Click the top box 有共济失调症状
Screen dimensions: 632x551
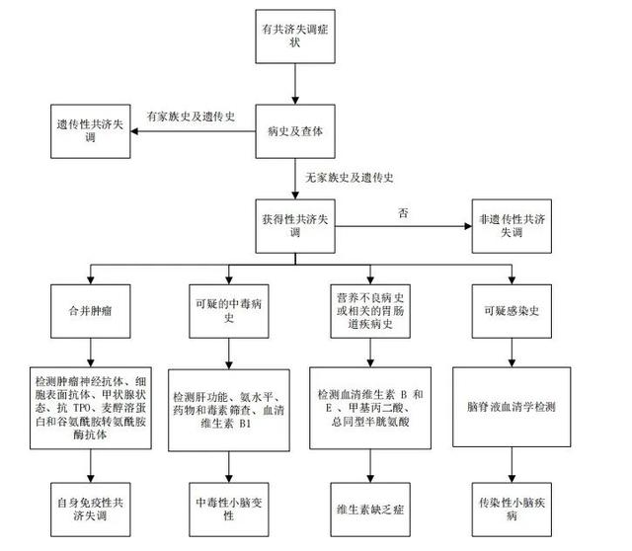click(x=295, y=37)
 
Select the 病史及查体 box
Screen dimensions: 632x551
click(x=295, y=131)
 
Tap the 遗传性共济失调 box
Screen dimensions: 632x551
click(x=90, y=131)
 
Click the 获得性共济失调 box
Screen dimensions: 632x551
click(x=295, y=226)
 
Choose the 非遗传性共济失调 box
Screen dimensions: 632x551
click(x=512, y=226)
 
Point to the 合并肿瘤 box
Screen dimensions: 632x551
click(x=90, y=311)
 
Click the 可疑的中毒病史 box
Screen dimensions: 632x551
click(x=229, y=311)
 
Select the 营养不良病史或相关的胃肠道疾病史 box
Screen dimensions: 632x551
click(x=370, y=311)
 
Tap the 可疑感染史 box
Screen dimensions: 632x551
click(x=512, y=311)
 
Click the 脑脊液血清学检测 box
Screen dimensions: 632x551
click(x=512, y=407)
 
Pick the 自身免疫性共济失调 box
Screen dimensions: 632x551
click(x=90, y=510)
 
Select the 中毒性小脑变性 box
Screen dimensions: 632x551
click(x=229, y=510)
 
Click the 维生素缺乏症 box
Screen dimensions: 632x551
click(x=370, y=510)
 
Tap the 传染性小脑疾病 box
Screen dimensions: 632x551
click(x=512, y=510)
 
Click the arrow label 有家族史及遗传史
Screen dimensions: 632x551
click(x=191, y=117)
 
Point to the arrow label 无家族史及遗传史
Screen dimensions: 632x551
click(x=349, y=178)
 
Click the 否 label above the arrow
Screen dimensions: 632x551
click(x=403, y=212)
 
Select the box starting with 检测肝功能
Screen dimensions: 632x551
click(x=229, y=410)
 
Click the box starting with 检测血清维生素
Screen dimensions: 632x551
click(x=370, y=408)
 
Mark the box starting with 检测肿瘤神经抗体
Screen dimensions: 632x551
click(x=91, y=408)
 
